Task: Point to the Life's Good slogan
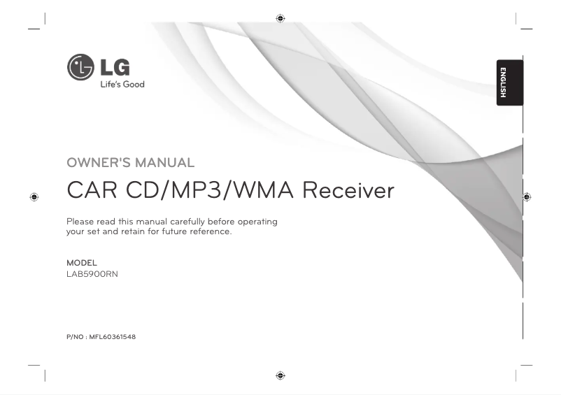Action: (121, 85)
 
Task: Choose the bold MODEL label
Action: (81, 263)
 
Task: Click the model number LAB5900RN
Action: (92, 274)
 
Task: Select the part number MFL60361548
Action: (112, 337)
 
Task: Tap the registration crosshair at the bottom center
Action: (280, 375)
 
